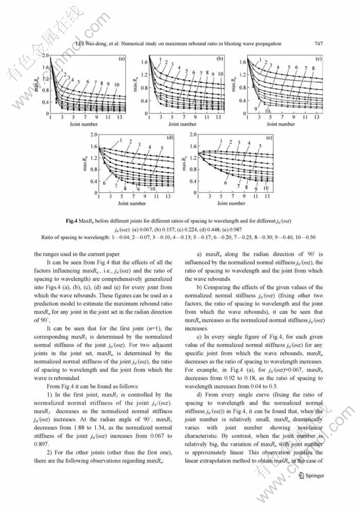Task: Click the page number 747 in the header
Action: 319,43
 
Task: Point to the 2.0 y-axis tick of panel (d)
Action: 94,135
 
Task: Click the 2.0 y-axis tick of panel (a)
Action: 45,55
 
